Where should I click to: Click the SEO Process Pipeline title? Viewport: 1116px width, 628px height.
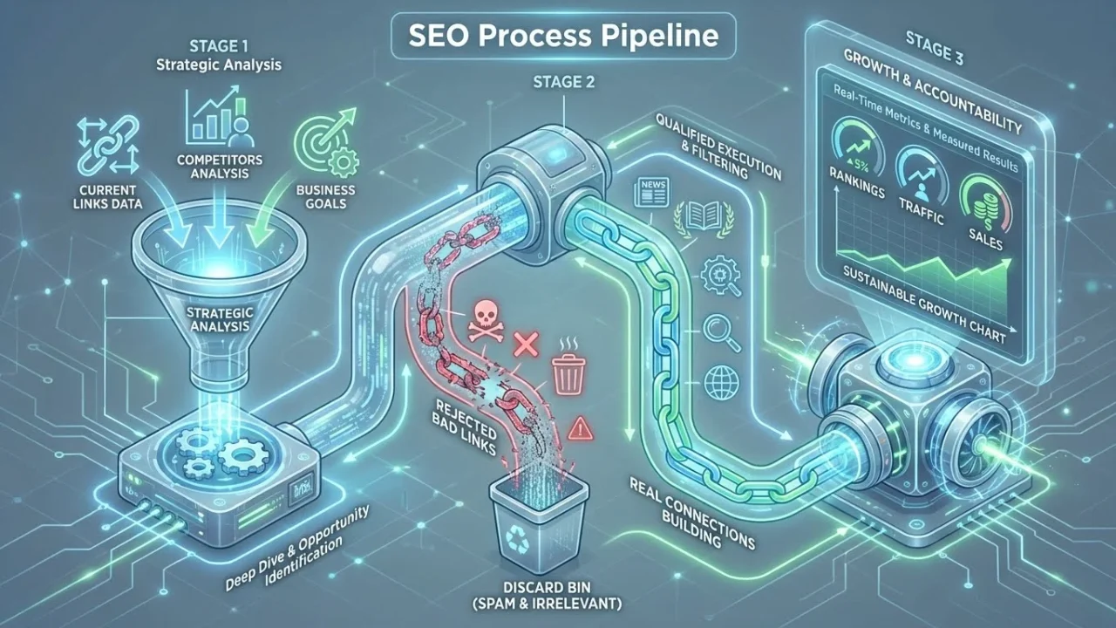point(561,37)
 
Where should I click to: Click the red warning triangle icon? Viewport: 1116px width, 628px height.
point(579,427)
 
